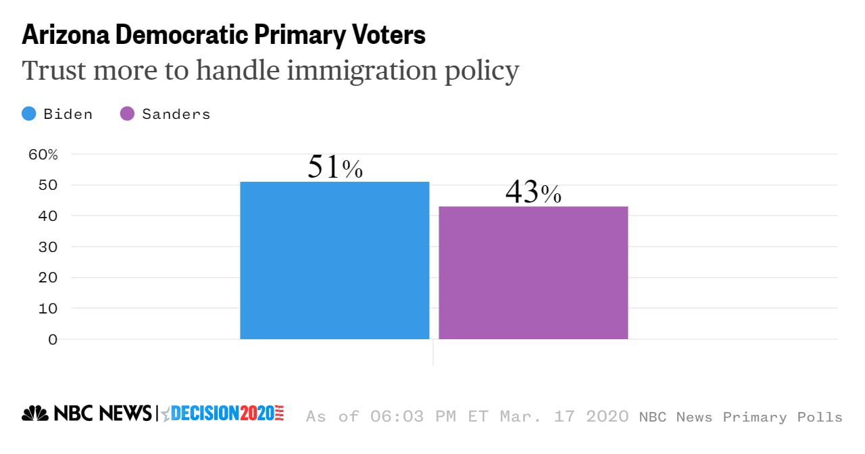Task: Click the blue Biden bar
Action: [335, 260]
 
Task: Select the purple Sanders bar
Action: [533, 272]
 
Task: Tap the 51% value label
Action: [335, 168]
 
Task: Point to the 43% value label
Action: [533, 193]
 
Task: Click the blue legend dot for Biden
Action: [29, 114]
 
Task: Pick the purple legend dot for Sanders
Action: [127, 114]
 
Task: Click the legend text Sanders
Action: [176, 114]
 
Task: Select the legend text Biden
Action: [68, 114]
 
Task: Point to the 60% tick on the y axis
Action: [43, 154]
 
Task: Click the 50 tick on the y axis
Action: [43, 185]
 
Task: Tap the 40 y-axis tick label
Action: [43, 216]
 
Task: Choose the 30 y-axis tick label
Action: [43, 247]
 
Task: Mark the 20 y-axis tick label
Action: [43, 278]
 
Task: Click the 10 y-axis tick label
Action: [43, 308]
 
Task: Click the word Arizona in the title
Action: [63, 35]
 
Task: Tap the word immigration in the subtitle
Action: [342, 70]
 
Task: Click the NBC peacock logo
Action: [35, 413]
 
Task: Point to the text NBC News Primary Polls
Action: [741, 417]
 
